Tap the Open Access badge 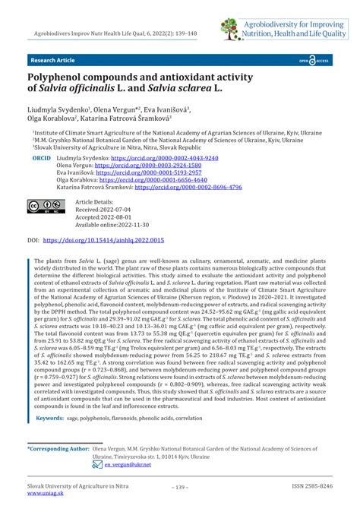[x=314, y=58]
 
